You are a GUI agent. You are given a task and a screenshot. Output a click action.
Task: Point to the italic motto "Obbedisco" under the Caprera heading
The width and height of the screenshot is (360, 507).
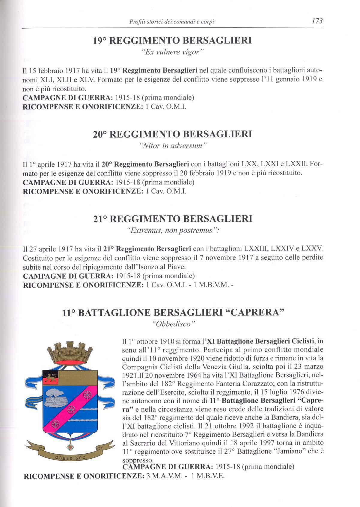point(173,324)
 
